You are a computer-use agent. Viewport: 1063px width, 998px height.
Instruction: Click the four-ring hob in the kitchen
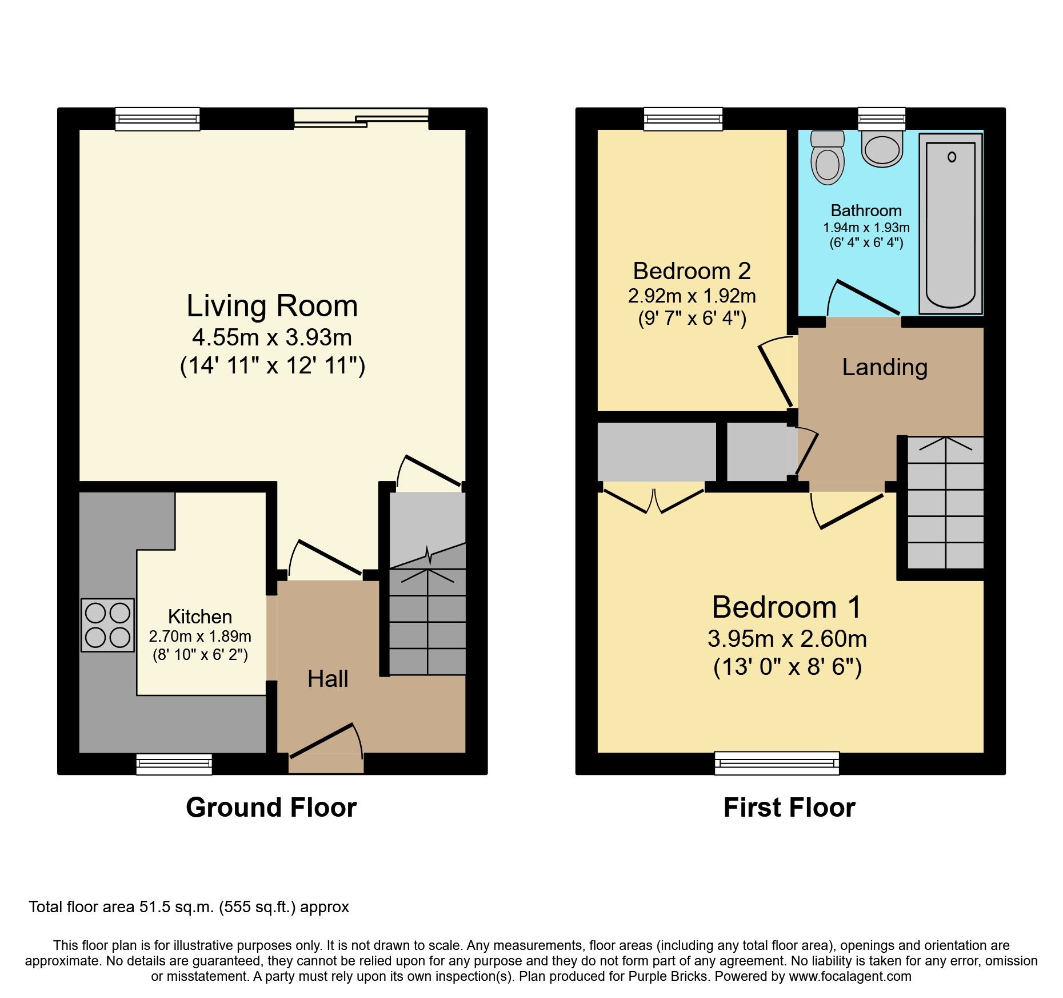point(107,625)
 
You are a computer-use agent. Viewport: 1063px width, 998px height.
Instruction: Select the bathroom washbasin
point(882,149)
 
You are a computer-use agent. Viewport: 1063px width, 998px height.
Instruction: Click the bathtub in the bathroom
point(950,223)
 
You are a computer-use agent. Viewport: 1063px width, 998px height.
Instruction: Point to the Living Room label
point(272,306)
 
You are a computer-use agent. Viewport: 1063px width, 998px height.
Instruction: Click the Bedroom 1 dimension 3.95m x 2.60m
point(787,639)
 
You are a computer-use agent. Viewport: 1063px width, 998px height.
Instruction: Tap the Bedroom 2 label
point(692,271)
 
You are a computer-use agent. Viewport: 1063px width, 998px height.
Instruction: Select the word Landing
point(884,367)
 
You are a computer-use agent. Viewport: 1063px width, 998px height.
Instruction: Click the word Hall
point(327,679)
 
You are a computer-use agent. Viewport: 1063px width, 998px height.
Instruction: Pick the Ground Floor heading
point(271,808)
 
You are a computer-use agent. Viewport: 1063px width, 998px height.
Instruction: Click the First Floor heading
point(789,808)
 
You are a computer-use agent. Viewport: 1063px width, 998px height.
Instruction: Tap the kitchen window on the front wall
point(174,764)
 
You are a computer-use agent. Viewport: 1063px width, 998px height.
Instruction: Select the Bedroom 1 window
point(777,764)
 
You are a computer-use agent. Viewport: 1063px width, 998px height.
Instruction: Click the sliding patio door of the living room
point(361,118)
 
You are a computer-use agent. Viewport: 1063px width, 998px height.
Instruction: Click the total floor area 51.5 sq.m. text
point(189,907)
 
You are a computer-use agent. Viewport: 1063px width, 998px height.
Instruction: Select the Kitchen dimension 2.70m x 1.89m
point(199,637)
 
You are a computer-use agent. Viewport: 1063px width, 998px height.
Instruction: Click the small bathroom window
point(881,119)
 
